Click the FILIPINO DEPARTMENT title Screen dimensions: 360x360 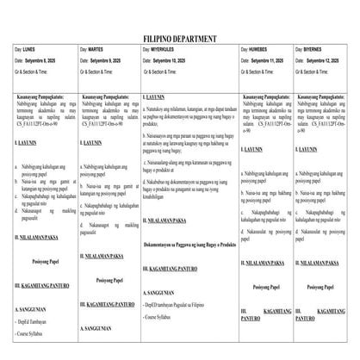pyautogui.click(x=179, y=40)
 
